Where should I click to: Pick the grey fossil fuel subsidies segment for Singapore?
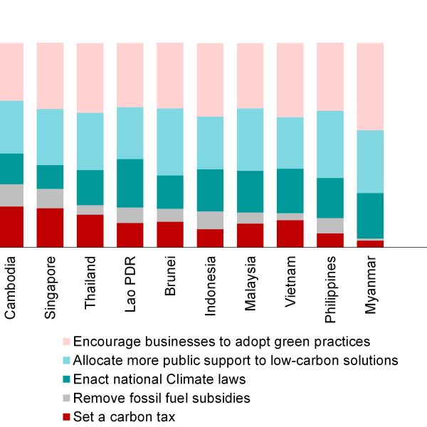[x=51, y=199]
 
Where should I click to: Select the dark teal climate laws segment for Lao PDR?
[x=130, y=183]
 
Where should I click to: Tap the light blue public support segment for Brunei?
[x=170, y=142]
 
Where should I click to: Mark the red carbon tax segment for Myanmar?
[x=370, y=243]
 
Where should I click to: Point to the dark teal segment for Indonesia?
[x=211, y=190]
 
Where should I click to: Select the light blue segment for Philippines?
[x=330, y=144]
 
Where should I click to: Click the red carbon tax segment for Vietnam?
[x=290, y=233]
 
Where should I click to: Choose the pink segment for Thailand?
[x=90, y=78]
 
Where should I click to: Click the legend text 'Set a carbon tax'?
[x=125, y=417]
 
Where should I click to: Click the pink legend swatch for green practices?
[x=67, y=341]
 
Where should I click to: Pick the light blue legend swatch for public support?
[x=67, y=360]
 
